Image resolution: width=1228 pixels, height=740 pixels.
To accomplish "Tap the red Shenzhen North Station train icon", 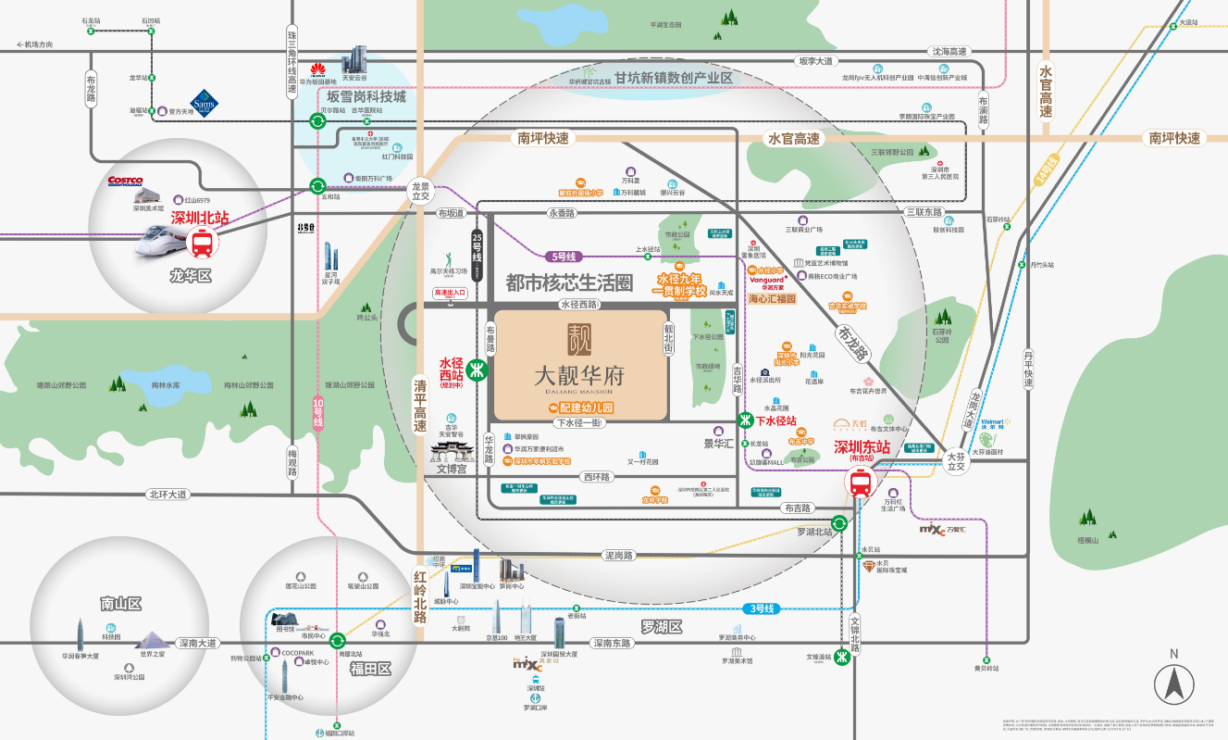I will click(x=202, y=244).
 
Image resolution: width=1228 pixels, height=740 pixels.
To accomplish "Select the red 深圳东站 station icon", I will click(x=861, y=482).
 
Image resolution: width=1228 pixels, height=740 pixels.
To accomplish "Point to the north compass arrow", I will click(x=1173, y=684).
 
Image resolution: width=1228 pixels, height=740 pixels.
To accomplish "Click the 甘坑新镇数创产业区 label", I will click(x=673, y=79).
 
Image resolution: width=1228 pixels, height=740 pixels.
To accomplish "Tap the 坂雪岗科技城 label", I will click(x=366, y=96).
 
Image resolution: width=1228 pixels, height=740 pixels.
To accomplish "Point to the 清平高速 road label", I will click(x=421, y=407).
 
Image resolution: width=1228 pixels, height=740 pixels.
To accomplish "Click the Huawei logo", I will click(x=318, y=69).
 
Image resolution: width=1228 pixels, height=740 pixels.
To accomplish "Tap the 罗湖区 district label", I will click(x=661, y=627).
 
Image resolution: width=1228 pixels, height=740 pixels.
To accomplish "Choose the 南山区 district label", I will click(x=121, y=604).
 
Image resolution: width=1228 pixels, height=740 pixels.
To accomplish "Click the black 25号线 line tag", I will click(x=478, y=255).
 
